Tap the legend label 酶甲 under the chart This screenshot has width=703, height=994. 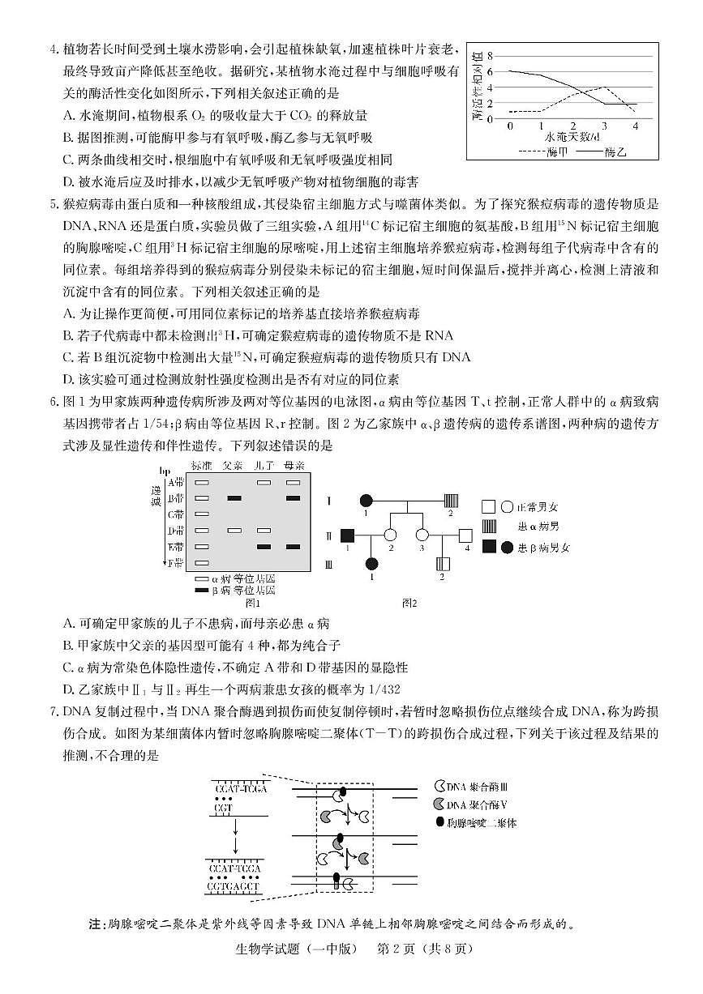pos(559,151)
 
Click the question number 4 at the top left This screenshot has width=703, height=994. pos(53,50)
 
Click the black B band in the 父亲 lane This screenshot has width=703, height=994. pos(235,498)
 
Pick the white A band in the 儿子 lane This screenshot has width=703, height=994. pos(264,482)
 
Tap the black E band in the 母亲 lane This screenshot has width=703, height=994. pos(293,547)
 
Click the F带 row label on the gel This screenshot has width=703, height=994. pos(175,562)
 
